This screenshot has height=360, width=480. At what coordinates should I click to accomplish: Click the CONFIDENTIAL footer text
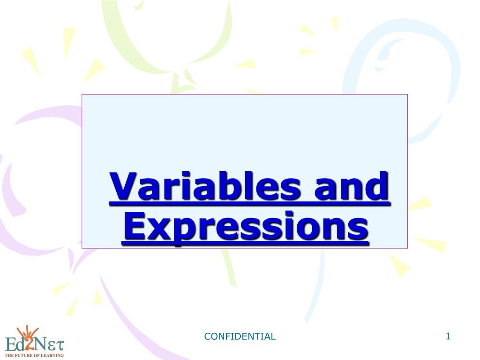pos(240,336)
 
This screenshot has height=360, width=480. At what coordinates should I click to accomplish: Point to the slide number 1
pos(448,336)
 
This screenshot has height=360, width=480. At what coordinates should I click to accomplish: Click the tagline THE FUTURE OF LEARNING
pos(34,356)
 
